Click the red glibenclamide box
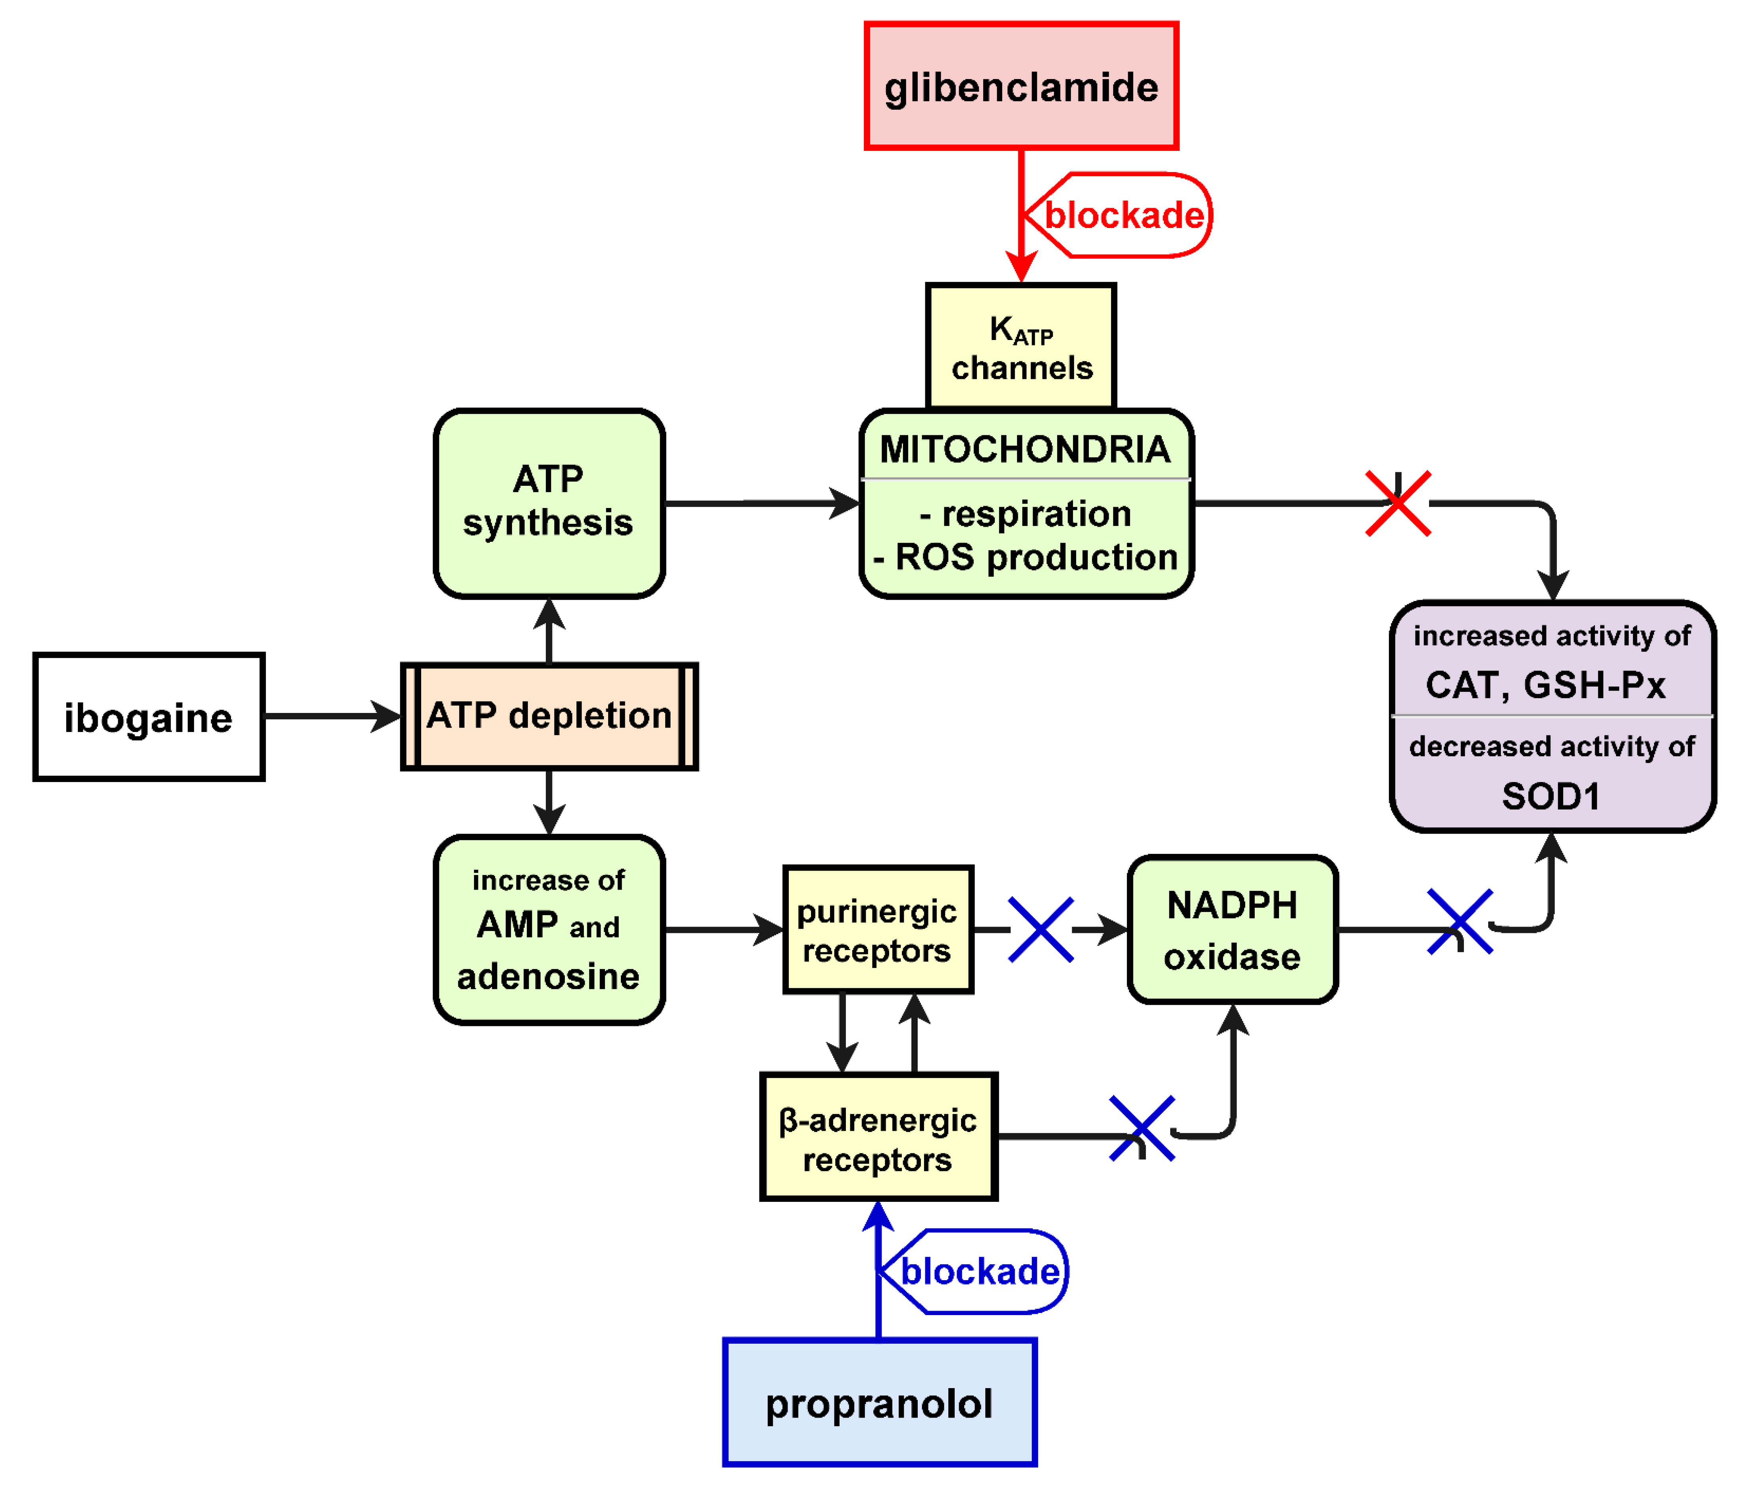click(x=1021, y=86)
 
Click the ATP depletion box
click(x=549, y=716)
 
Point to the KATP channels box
click(x=1021, y=347)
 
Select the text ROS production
click(x=1036, y=557)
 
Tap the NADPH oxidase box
click(x=1232, y=930)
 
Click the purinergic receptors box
click(x=878, y=930)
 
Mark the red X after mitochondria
click(x=1397, y=504)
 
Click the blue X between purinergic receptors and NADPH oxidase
click(x=1041, y=930)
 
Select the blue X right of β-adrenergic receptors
click(x=1142, y=1128)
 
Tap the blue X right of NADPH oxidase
click(x=1460, y=922)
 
